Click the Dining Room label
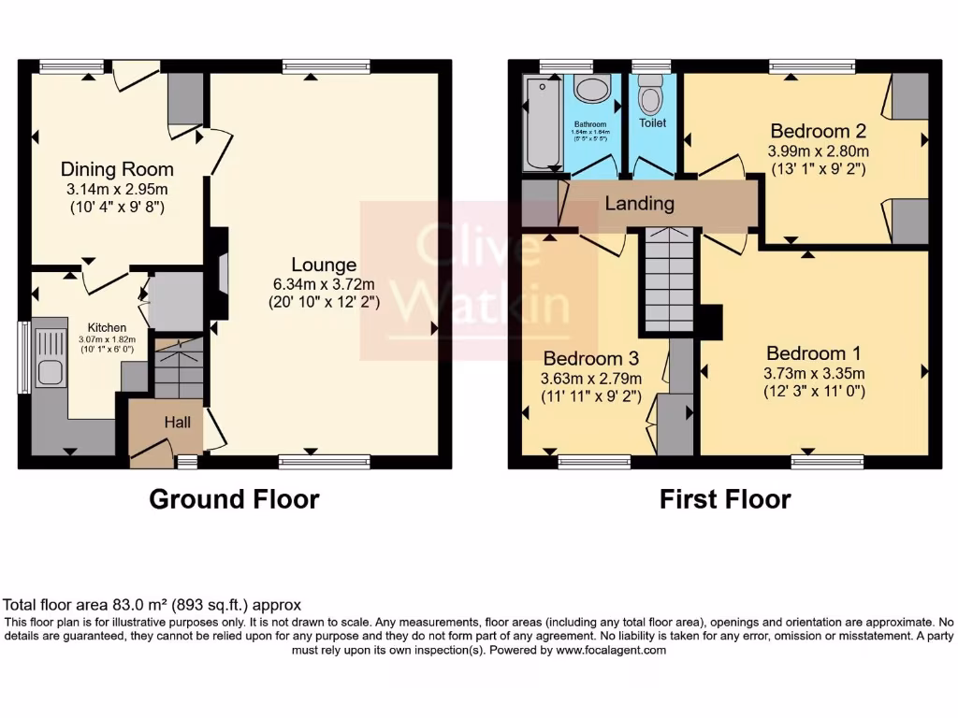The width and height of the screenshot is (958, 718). tap(117, 169)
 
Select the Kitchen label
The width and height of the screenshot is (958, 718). tap(108, 327)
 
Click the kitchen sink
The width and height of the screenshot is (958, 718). tap(49, 373)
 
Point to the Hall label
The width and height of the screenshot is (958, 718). tap(178, 423)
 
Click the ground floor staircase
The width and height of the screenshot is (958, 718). tap(177, 370)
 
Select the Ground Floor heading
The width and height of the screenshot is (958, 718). tap(234, 499)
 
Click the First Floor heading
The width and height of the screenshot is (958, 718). tap(725, 499)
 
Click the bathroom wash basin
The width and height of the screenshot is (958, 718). tap(591, 91)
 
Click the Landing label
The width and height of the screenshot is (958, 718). tap(639, 204)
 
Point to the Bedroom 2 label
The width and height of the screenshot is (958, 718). tap(819, 130)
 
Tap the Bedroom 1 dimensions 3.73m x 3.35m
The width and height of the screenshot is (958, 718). tap(814, 373)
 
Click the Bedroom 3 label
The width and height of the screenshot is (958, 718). tap(590, 358)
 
